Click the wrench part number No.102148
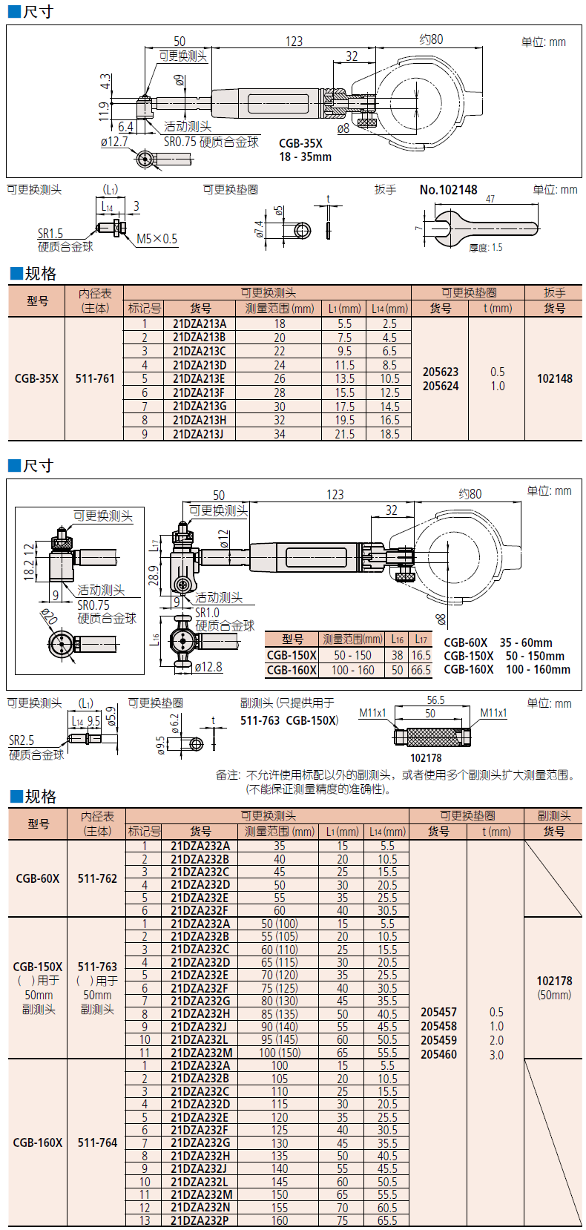[x=448, y=190]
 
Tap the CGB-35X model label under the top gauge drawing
[x=300, y=143]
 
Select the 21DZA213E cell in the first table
[x=199, y=378]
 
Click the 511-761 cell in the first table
[x=95, y=378]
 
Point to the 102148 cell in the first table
[x=555, y=378]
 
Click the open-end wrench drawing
[x=485, y=226]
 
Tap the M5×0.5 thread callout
[x=157, y=239]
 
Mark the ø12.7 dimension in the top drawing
[x=114, y=142]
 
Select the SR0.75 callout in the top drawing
[x=181, y=142]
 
